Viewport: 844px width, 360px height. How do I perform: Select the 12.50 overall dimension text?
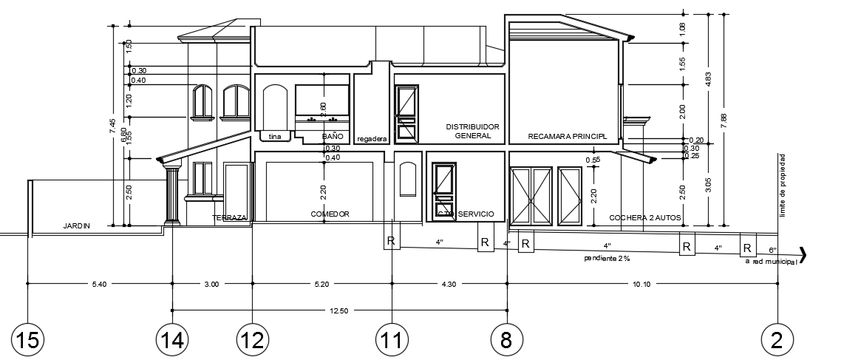click(339, 311)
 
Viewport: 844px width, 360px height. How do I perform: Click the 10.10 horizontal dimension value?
click(642, 284)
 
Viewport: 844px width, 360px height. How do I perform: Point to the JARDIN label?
click(76, 226)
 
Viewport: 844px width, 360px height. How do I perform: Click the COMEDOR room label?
click(330, 214)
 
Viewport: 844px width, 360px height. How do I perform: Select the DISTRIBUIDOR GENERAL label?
click(473, 132)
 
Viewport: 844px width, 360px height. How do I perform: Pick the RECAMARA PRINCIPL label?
click(567, 137)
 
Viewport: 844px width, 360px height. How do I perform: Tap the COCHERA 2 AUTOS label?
click(645, 218)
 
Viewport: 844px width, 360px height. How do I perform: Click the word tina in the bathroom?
click(275, 137)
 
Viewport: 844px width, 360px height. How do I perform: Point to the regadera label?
click(372, 139)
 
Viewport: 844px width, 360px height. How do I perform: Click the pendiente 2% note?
click(607, 259)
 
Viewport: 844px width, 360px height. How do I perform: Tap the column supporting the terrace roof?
click(171, 195)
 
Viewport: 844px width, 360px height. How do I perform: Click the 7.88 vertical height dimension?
click(724, 119)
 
